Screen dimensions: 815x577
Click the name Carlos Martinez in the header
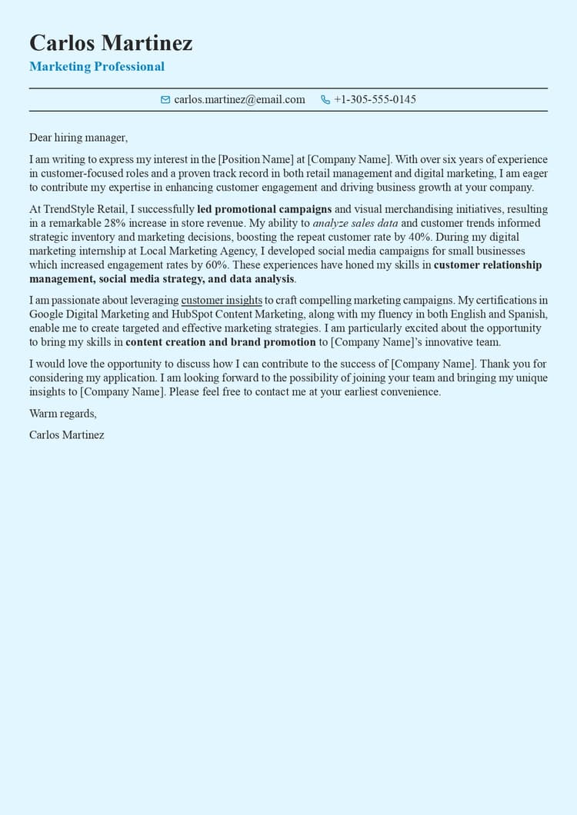point(111,43)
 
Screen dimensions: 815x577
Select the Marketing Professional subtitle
point(97,67)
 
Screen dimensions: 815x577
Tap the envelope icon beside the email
point(165,100)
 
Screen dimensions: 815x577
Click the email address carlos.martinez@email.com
point(239,100)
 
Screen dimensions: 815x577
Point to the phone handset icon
point(325,100)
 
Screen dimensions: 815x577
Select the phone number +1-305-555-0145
point(375,100)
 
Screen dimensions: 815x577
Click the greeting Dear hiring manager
point(78,138)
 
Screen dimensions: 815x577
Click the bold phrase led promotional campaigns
point(264,209)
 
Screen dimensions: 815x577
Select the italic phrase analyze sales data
point(355,223)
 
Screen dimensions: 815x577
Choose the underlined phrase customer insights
point(222,300)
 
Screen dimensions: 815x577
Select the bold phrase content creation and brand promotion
point(221,342)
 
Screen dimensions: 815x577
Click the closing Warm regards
point(62,414)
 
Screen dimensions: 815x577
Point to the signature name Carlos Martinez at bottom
point(67,435)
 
